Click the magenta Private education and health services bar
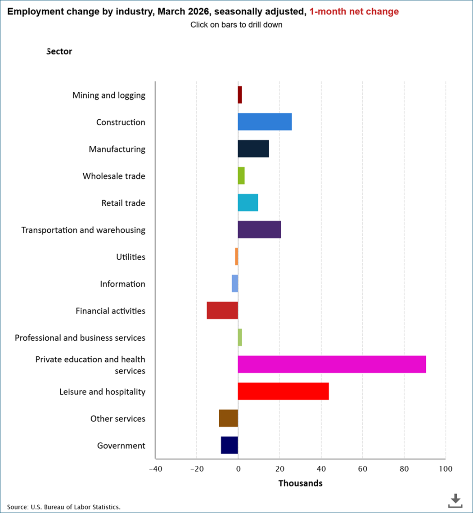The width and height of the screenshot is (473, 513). pyautogui.click(x=332, y=364)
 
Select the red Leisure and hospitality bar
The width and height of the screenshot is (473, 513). pyautogui.click(x=283, y=391)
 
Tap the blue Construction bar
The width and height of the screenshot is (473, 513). pyautogui.click(x=265, y=122)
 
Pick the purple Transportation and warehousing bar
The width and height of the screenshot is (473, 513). pyautogui.click(x=259, y=229)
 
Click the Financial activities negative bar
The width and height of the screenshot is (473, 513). pyautogui.click(x=222, y=310)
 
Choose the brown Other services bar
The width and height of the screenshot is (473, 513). pyautogui.click(x=228, y=418)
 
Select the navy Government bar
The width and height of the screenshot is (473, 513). pyautogui.click(x=229, y=445)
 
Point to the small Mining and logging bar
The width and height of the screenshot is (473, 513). pyautogui.click(x=240, y=95)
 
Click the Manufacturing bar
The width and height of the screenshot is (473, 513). pyautogui.click(x=253, y=148)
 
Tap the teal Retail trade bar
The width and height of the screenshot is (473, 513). pyautogui.click(x=248, y=202)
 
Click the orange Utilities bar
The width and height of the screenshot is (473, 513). pyautogui.click(x=236, y=256)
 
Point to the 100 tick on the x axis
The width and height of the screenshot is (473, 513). pyautogui.click(x=446, y=469)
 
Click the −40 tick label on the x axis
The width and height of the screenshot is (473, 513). pyautogui.click(x=155, y=469)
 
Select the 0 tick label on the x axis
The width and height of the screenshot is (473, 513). pyautogui.click(x=238, y=469)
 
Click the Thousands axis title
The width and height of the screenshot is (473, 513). pyautogui.click(x=300, y=483)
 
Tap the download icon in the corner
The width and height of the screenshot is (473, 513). pyautogui.click(x=455, y=500)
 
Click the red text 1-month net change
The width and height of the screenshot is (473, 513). pyautogui.click(x=354, y=12)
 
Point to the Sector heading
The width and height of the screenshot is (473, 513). pyautogui.click(x=59, y=51)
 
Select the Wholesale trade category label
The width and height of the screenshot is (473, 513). pyautogui.click(x=114, y=176)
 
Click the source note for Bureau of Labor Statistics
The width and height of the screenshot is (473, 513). pyautogui.click(x=63, y=507)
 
